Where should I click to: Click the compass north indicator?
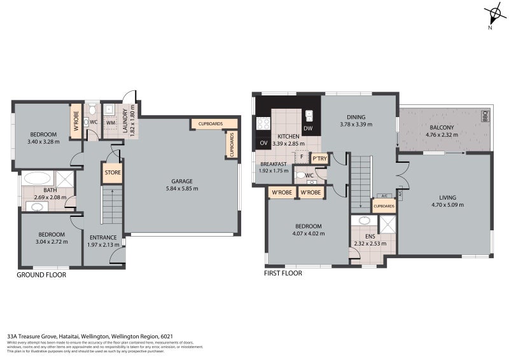click(x=494, y=13)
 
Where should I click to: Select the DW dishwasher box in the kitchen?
click(x=308, y=129)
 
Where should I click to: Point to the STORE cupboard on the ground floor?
click(x=112, y=172)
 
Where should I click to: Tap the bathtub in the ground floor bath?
click(x=38, y=178)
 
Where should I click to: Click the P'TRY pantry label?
click(x=319, y=158)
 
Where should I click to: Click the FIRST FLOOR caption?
click(x=283, y=273)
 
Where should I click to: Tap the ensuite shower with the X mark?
click(x=386, y=225)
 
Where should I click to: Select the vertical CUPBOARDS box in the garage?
click(x=232, y=145)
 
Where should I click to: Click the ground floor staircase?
click(x=111, y=204)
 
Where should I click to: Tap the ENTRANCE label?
click(x=102, y=237)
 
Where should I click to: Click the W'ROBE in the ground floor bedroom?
click(x=76, y=121)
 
